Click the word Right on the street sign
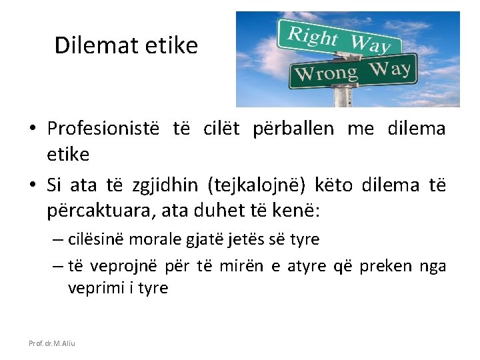pos(313,36)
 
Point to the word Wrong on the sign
pos(326,73)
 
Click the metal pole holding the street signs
pos(342,97)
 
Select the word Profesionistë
pos(103,128)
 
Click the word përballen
pos(293,128)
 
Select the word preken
pos(386,267)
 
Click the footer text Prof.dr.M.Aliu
pos(52,343)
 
